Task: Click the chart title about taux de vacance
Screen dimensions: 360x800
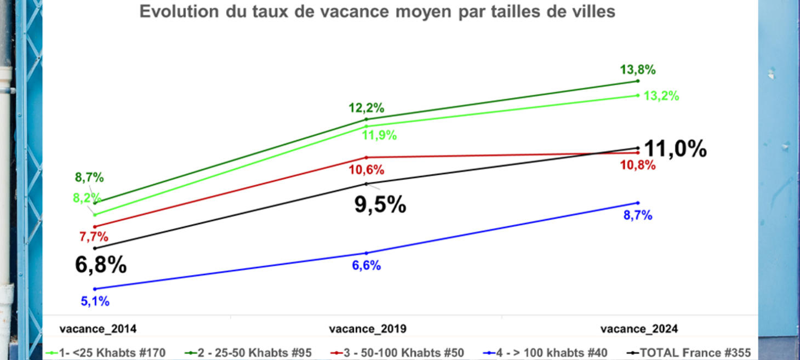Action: point(377,12)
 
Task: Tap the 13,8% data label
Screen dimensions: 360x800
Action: point(638,70)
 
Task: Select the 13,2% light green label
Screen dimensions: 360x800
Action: point(661,96)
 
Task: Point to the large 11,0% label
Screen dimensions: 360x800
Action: point(675,149)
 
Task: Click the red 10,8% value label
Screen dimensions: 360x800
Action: point(637,165)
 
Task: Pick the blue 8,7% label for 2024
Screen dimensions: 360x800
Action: point(638,216)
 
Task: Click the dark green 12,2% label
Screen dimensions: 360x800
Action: point(367,108)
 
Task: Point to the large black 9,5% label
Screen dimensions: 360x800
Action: point(380,205)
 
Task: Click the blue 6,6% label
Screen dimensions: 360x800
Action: point(367,266)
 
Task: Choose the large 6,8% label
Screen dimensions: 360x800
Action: point(101,265)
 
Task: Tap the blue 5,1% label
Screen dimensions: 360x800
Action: point(95,301)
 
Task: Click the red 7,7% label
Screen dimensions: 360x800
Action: point(94,237)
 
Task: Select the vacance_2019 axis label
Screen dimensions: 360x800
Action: point(368,329)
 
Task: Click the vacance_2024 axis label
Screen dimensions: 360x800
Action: point(639,329)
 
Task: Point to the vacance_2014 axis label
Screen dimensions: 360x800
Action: point(98,329)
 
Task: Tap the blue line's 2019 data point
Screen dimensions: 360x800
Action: point(367,253)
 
